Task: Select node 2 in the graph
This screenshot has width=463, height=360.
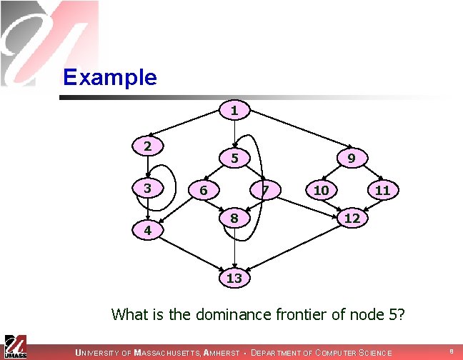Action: [146, 146]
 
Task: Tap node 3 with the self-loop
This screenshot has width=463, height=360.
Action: [146, 189]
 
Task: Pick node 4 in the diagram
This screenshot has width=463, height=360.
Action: [146, 231]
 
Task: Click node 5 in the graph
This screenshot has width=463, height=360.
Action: [234, 158]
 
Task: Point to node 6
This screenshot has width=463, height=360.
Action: [204, 190]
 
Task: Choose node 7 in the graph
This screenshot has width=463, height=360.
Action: [264, 190]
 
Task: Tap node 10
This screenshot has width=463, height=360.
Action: [322, 190]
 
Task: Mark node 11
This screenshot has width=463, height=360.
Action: [382, 190]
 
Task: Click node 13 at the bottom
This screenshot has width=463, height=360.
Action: [234, 278]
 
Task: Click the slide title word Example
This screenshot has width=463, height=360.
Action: [109, 76]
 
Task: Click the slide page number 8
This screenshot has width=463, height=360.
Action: [451, 351]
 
